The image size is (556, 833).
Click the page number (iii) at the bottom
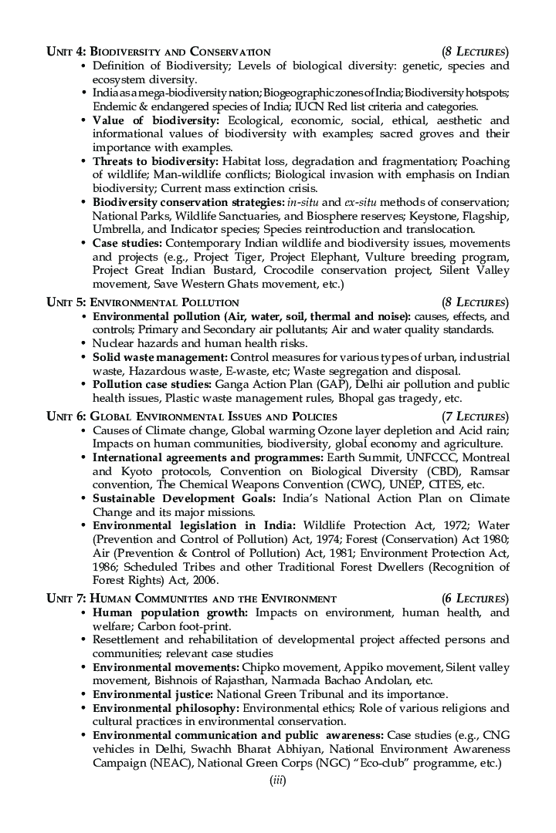click(277, 781)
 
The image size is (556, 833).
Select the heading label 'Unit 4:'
click(66, 52)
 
